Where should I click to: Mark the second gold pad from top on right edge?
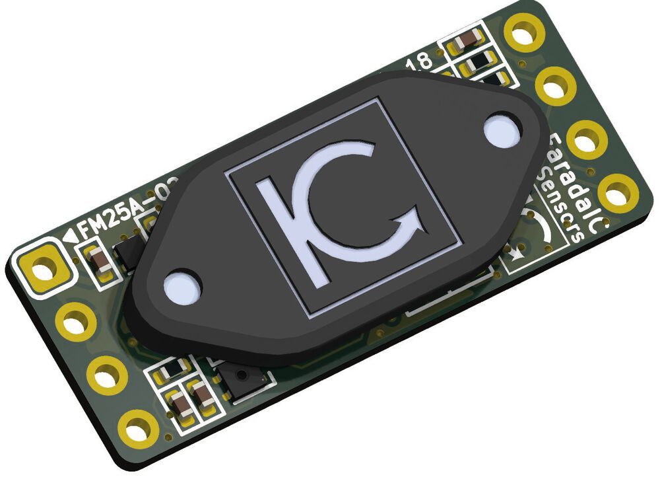pos(556,85)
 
